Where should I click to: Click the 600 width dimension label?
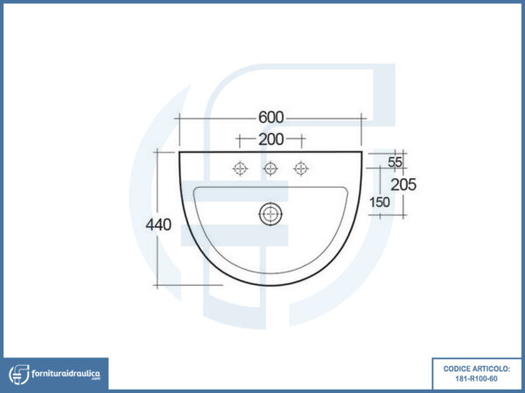pyautogui.click(x=271, y=117)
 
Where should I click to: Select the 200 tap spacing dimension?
pyautogui.click(x=271, y=140)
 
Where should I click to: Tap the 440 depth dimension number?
pyautogui.click(x=158, y=224)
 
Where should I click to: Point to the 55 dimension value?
pyautogui.click(x=395, y=162)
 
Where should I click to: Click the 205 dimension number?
pyautogui.click(x=403, y=184)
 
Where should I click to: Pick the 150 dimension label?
pyautogui.click(x=380, y=203)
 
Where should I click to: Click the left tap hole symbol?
pyautogui.click(x=240, y=169)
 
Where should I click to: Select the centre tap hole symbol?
pyautogui.click(x=270, y=169)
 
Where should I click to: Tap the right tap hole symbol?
pyautogui.click(x=301, y=169)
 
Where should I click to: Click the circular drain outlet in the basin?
pyautogui.click(x=270, y=214)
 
